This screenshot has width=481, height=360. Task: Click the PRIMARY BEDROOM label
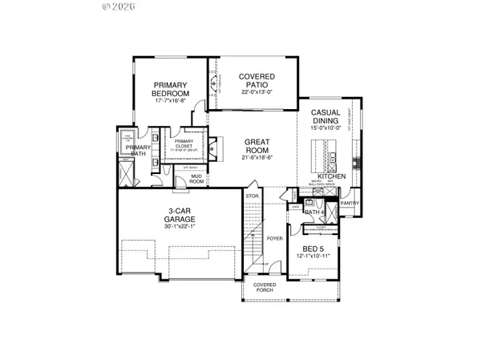[x=170, y=90]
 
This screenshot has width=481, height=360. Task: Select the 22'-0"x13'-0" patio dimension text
[x=258, y=92]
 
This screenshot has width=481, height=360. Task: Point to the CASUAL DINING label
[x=327, y=116]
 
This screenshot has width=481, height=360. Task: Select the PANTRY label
[x=350, y=204]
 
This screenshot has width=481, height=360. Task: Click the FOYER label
[x=275, y=238]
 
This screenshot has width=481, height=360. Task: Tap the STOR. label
[x=251, y=195]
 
